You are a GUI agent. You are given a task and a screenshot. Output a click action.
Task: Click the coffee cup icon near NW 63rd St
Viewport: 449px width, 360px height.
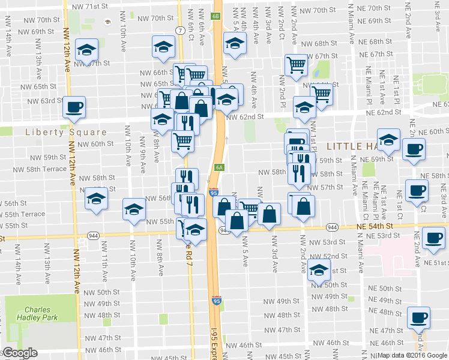[x=74, y=108]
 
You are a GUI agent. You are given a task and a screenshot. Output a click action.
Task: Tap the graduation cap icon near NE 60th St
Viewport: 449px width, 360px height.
[x=388, y=140]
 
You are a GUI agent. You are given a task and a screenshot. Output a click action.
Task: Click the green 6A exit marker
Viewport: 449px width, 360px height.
[x=219, y=168]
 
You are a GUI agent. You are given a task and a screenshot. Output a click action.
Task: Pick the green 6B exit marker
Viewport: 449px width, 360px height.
[x=216, y=16]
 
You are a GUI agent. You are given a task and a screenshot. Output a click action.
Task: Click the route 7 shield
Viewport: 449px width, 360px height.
[x=180, y=29]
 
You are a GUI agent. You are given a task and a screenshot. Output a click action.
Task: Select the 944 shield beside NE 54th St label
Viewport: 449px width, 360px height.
[x=331, y=228]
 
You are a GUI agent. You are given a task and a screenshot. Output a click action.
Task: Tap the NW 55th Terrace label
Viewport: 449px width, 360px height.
[x=23, y=214]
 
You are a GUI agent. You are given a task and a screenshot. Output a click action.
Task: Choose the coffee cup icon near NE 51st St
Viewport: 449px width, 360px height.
[x=433, y=238]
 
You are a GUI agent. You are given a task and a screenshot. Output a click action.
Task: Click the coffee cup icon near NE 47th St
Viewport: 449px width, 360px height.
[x=418, y=318]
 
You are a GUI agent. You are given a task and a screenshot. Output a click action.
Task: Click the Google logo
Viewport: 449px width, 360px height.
[x=19, y=353]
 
